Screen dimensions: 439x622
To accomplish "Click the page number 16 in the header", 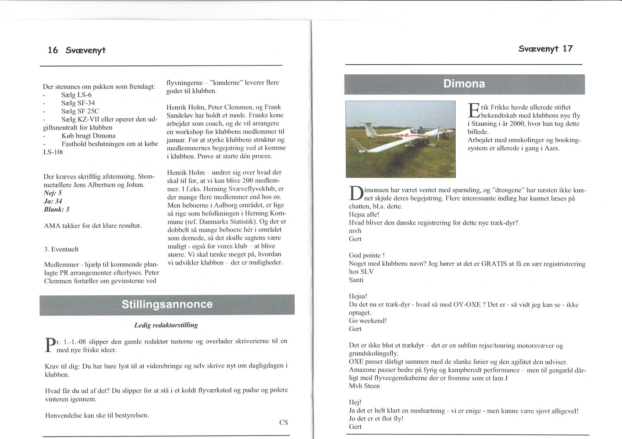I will [53, 50].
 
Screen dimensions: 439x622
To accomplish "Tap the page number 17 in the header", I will [567, 49].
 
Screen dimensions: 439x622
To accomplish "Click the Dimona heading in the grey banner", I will [464, 84].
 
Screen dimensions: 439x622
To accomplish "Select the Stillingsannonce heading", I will [167, 304].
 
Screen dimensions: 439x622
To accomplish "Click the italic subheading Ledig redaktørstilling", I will [166, 325].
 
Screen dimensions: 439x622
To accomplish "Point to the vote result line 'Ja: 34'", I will [53, 201].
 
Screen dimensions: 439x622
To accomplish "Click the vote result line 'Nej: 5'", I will [52, 193].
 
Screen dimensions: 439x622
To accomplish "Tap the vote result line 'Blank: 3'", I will [56, 209].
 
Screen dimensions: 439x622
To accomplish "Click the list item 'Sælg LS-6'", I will [76, 95].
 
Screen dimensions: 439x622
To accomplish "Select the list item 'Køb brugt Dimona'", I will [88, 136].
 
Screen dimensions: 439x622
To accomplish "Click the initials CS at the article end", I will [284, 423].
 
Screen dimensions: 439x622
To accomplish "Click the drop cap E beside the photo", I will [473, 110].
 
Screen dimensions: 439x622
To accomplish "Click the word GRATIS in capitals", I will [494, 264].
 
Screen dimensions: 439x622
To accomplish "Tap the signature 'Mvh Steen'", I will [364, 386].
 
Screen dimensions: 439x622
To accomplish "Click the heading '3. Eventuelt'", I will [61, 249].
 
